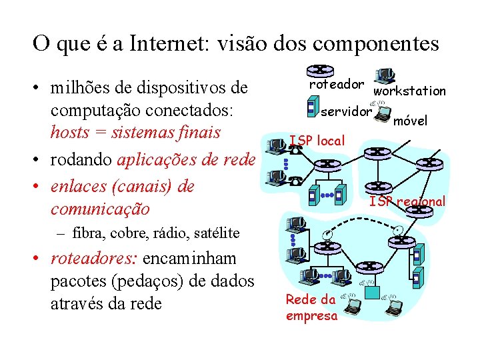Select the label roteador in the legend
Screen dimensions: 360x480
coord(337,85)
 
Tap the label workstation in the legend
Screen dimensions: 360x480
coord(409,91)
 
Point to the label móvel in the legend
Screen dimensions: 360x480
coord(410,121)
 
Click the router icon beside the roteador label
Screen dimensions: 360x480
coord(321,70)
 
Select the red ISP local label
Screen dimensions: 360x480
coord(317,141)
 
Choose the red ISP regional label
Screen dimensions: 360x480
coord(407,201)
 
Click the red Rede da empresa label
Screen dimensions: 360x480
coord(311,307)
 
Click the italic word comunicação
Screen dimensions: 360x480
coord(100,209)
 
